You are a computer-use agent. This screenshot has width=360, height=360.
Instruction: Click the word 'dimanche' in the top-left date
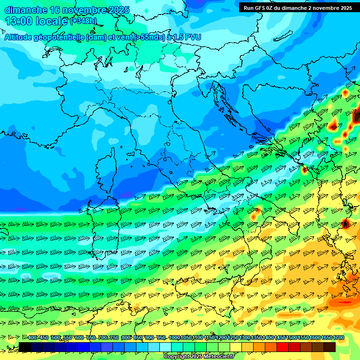(25, 10)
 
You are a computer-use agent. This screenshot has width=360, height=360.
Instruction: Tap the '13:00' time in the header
(18, 21)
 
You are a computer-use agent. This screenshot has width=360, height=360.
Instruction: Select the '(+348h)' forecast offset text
(83, 21)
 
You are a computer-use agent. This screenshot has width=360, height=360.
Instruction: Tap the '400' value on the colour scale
(32, 337)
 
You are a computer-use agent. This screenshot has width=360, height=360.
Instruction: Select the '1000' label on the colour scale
(174, 337)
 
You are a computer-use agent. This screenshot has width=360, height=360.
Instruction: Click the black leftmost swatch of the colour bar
(25, 347)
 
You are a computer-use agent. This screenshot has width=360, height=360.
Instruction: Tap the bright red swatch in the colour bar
(283, 347)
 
